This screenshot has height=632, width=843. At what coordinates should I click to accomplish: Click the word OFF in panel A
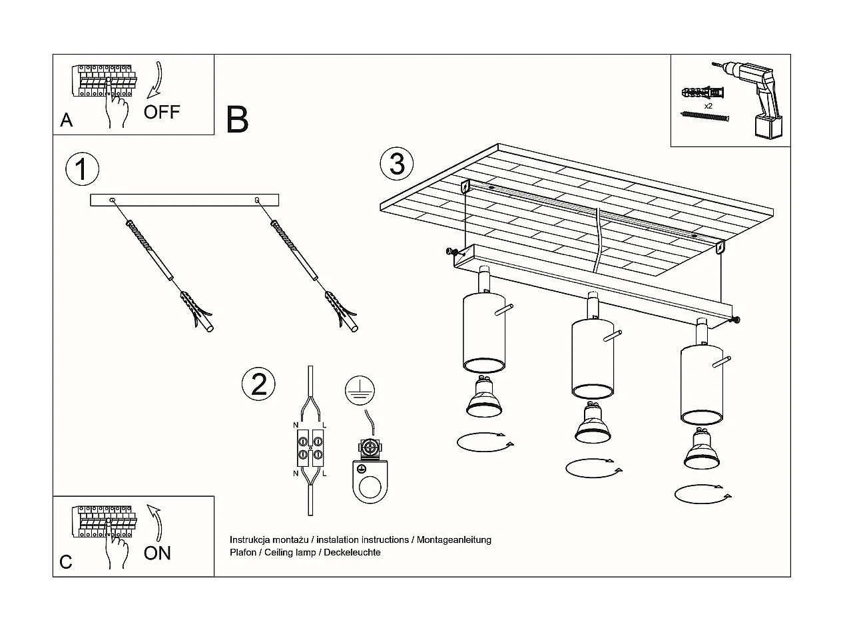coord(162,112)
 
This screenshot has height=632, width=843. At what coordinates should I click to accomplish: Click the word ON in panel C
coord(157,553)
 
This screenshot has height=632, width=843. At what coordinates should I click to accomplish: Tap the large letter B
coord(237,119)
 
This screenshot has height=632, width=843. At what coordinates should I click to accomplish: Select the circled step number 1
coord(82,169)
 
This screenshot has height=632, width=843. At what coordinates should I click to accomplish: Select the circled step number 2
coord(258,384)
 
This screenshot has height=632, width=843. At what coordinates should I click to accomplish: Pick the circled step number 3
coord(396,163)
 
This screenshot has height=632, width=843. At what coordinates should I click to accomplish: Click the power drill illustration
coord(756,97)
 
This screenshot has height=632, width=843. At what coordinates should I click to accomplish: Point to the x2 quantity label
coord(708,106)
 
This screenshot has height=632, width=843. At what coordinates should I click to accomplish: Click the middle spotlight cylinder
coord(592,358)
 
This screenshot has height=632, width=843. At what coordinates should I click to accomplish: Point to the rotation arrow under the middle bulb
coord(593,468)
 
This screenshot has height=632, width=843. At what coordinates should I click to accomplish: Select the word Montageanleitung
coord(454,539)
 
